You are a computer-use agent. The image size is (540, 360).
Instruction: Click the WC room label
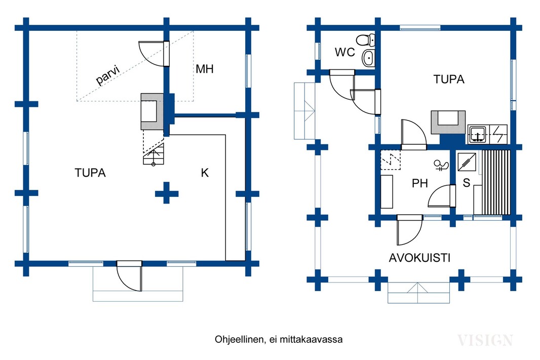(345, 52)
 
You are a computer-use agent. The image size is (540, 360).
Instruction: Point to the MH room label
(205, 69)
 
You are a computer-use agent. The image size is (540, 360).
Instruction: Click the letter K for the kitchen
(205, 173)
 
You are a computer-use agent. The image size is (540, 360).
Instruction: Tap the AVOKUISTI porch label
(419, 258)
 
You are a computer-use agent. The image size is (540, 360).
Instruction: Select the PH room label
(420, 183)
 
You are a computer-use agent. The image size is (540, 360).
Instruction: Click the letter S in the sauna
(466, 183)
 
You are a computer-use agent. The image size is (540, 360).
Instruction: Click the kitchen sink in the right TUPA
(478, 134)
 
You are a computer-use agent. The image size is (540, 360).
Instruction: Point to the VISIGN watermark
(485, 340)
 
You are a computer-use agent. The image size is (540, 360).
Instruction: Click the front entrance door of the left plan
(130, 276)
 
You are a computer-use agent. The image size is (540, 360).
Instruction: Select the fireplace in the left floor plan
(151, 112)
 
